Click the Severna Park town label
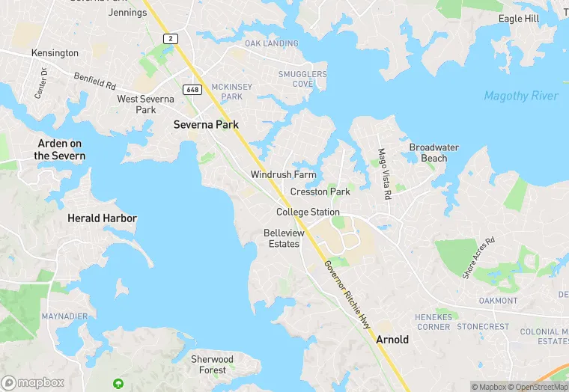tap(206, 125)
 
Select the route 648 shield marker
tap(191, 90)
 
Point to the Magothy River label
tap(521, 96)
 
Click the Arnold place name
tap(392, 339)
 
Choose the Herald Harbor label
tap(103, 218)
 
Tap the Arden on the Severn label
tap(60, 150)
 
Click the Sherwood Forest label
tap(213, 364)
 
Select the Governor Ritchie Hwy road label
tap(348, 293)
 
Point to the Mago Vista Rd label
tap(384, 173)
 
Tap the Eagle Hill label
tap(519, 19)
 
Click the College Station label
tap(308, 212)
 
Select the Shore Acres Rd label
tap(479, 258)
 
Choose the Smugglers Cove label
tap(302, 79)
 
